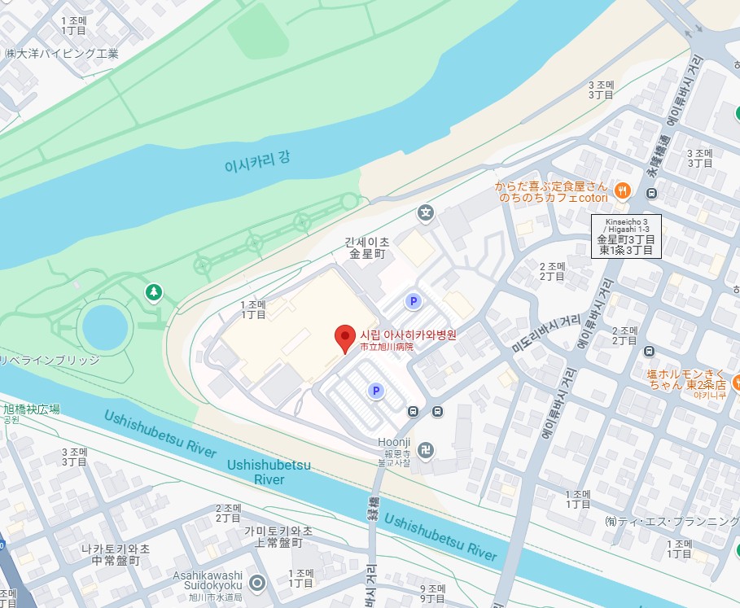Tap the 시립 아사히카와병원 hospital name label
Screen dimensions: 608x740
[x=409, y=335]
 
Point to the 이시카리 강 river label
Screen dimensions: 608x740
[x=256, y=163]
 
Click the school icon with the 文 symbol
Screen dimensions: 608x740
[x=424, y=214]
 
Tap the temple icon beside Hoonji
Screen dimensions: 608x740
[x=427, y=449]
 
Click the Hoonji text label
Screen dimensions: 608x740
[x=394, y=442]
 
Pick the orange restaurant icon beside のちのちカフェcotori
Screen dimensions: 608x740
[x=622, y=191]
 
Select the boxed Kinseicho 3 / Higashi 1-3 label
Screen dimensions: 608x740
[x=626, y=236]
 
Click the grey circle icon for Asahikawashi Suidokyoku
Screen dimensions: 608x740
[x=258, y=583]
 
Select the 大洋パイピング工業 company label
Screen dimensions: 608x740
[x=62, y=54]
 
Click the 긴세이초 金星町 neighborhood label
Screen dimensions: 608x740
[x=366, y=247]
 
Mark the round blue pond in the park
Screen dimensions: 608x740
[x=105, y=327]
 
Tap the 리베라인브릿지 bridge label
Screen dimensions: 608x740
[x=49, y=360]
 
